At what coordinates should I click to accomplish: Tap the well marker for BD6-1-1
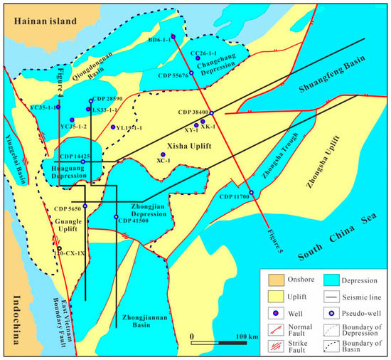pos(173,41)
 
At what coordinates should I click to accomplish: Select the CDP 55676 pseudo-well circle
pos(191,73)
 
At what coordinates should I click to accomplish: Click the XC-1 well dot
pos(163,154)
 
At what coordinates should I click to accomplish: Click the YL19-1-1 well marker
pos(112,127)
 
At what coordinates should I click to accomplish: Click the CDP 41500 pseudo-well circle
pos(116,216)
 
